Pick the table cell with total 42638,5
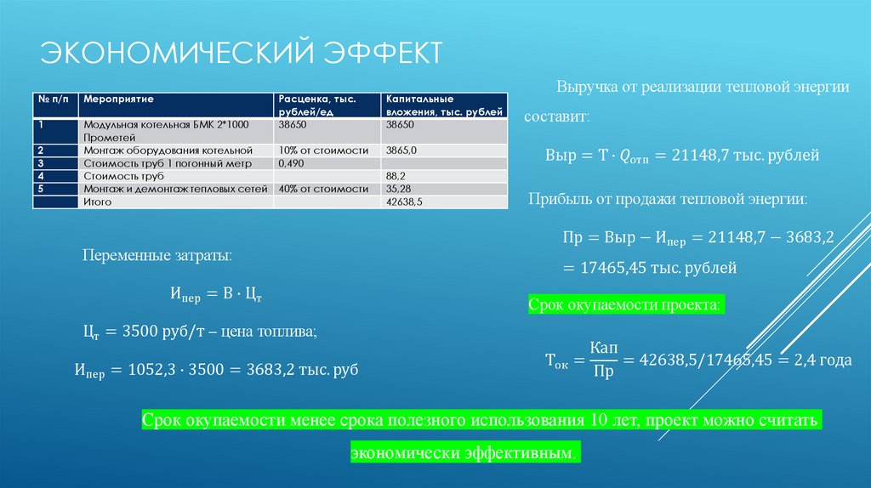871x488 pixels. [404, 203]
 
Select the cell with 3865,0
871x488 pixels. [402, 150]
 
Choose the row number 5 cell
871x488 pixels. [40, 189]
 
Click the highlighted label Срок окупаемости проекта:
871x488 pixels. [626, 304]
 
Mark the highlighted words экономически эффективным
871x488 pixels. [464, 453]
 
